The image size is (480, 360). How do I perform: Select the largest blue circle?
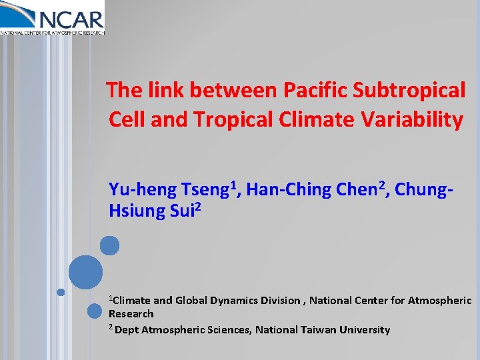86,272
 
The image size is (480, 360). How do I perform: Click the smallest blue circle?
61,292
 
